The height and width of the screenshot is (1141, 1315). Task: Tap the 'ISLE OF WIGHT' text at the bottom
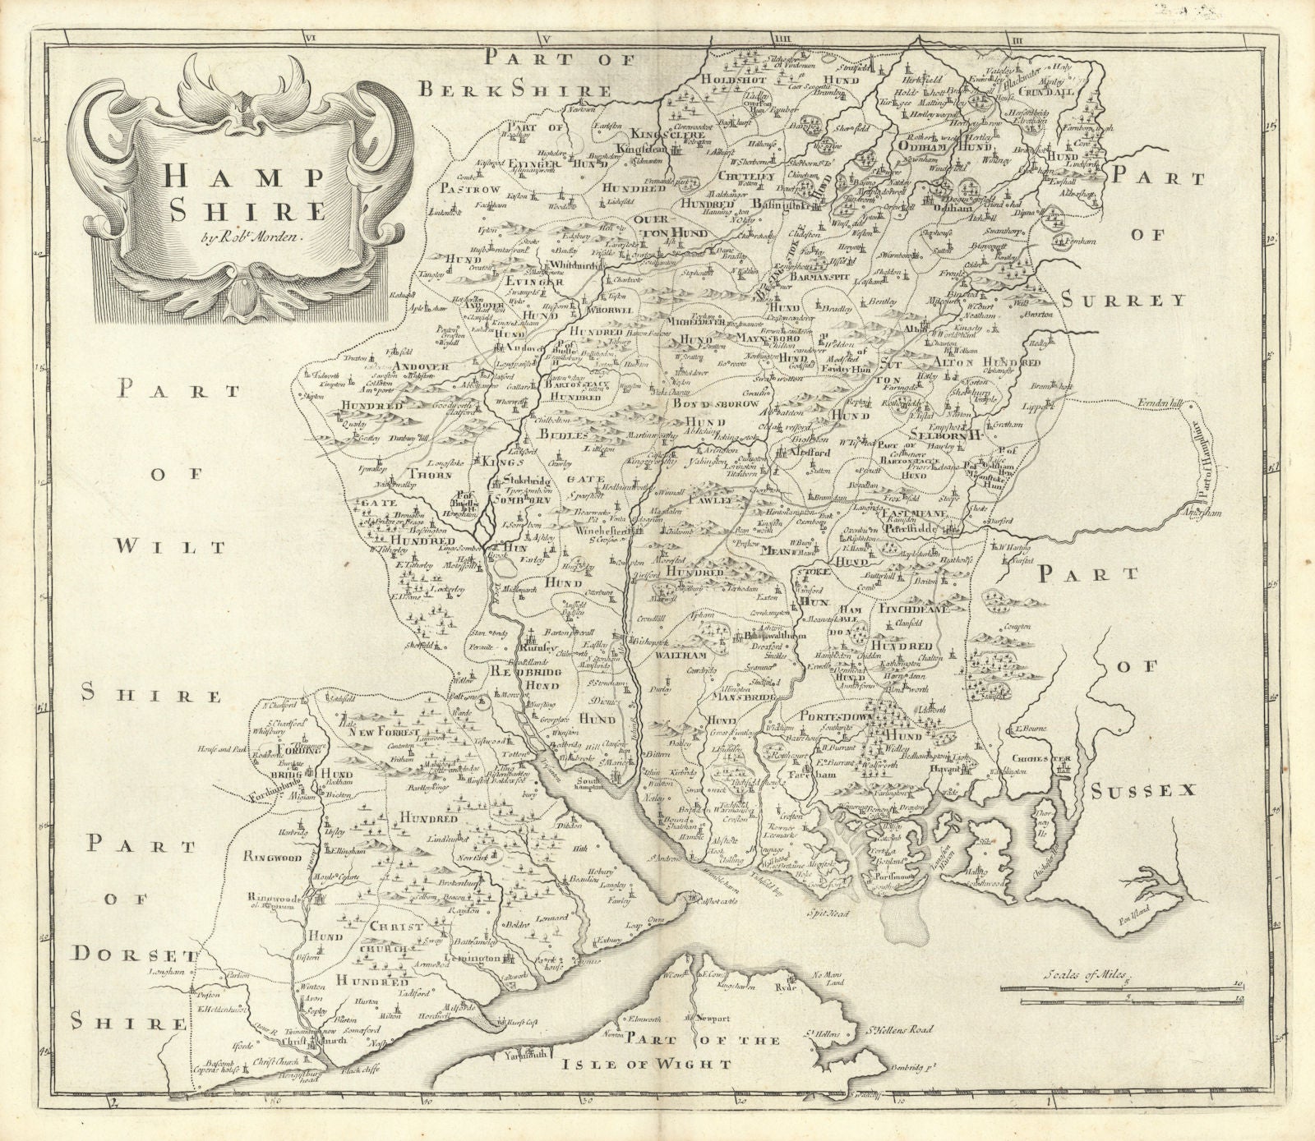point(648,1064)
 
